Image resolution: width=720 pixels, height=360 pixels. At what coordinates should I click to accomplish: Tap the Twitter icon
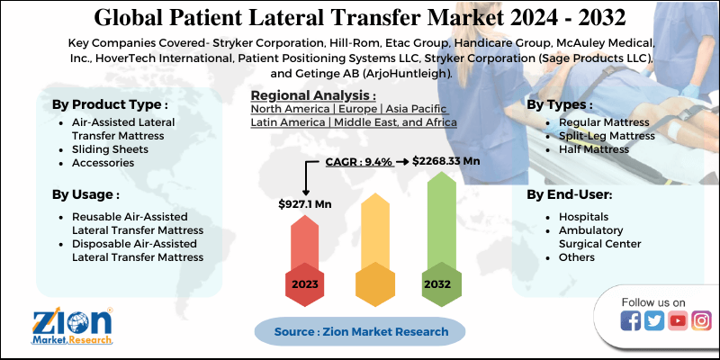[x=654, y=320]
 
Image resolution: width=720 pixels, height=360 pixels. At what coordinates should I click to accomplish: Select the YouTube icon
[x=678, y=320]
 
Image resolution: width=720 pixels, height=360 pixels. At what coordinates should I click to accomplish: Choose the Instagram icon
[x=701, y=320]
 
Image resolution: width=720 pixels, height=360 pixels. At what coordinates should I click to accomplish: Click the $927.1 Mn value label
[x=304, y=204]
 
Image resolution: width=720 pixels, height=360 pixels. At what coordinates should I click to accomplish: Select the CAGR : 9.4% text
[x=358, y=162]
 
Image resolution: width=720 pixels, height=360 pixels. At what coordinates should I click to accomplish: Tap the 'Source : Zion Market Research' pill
[x=361, y=331]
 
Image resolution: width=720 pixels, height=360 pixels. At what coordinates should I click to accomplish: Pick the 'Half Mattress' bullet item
[x=594, y=148]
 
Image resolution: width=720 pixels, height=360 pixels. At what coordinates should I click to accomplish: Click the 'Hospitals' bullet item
[x=583, y=217]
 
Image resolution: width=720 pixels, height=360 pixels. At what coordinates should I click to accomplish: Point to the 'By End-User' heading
[x=569, y=193]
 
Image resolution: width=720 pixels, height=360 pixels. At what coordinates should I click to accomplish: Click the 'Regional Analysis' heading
[x=313, y=94]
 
